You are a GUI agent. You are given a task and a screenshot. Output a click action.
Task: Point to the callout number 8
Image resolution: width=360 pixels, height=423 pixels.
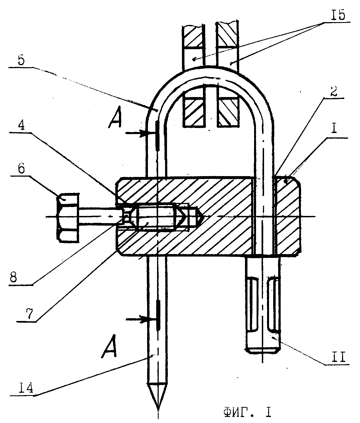[x=13, y=277]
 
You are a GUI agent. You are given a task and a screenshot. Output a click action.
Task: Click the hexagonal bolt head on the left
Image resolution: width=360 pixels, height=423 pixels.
[x=68, y=218]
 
